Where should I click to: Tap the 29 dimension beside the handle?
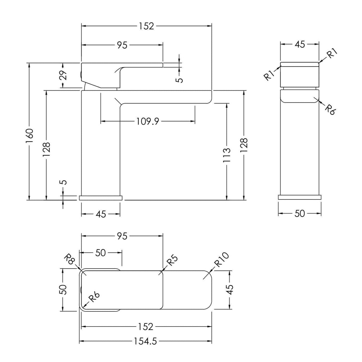(x=64, y=75)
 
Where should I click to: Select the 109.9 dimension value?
(x=148, y=121)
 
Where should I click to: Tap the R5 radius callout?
(x=172, y=260)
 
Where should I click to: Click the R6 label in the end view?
(x=330, y=110)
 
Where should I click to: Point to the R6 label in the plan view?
(x=94, y=297)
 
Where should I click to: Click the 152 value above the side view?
(x=146, y=26)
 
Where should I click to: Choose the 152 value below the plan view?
(x=146, y=327)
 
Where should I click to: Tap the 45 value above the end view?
(x=300, y=44)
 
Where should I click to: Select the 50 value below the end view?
(x=300, y=214)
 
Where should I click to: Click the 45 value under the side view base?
(x=101, y=214)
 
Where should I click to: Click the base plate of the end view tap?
(x=299, y=197)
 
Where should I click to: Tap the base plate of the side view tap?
(x=101, y=198)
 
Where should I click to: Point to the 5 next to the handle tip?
(x=180, y=80)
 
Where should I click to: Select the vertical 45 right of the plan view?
(x=230, y=290)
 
